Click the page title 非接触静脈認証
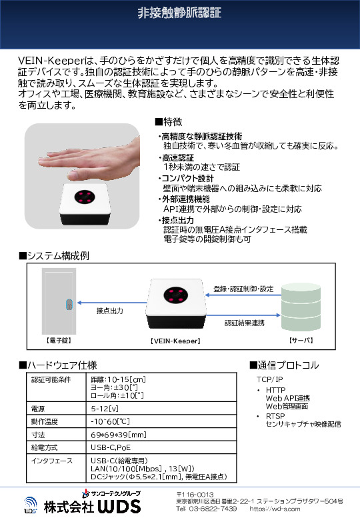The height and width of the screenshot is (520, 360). [179, 13]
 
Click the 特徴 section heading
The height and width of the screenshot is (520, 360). [169, 122]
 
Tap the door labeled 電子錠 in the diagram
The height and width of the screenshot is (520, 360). [59, 301]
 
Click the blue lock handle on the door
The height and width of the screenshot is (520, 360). [69, 304]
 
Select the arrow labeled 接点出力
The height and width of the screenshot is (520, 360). [112, 303]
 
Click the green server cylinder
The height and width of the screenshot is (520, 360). [301, 307]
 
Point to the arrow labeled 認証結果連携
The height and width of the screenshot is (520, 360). [243, 315]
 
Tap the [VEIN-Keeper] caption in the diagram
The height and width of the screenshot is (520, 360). [175, 341]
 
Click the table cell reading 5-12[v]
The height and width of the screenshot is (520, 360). [105, 409]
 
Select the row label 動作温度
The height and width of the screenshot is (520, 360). [45, 421]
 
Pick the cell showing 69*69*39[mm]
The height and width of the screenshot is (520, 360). [119, 435]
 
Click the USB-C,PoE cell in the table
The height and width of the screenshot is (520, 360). [111, 447]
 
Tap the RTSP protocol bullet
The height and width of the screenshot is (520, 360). [275, 416]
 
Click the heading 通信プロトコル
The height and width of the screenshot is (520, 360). [285, 365]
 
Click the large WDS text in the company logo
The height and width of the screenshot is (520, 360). [119, 507]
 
